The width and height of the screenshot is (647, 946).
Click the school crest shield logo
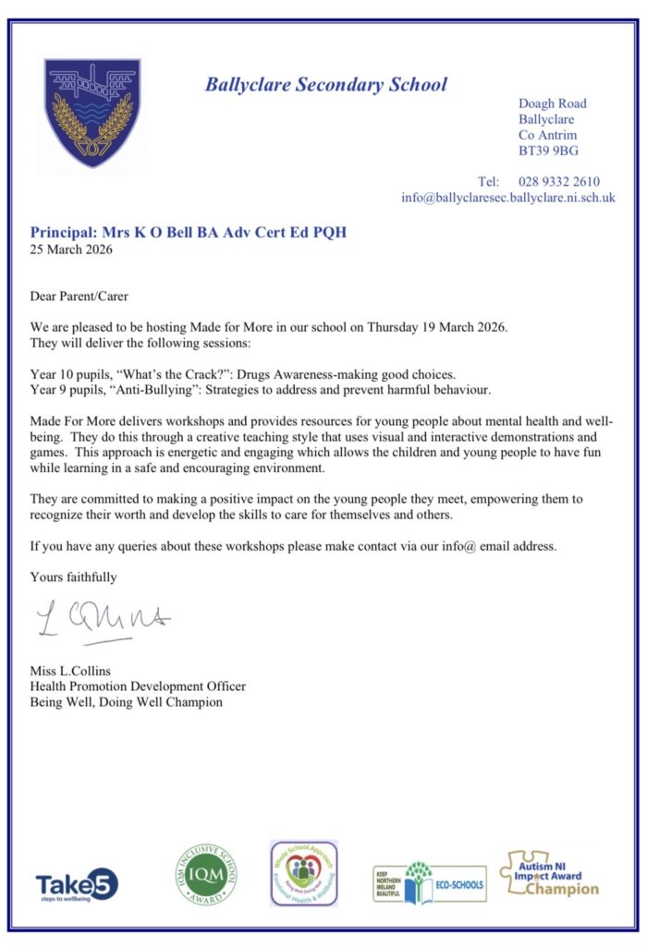click(92, 113)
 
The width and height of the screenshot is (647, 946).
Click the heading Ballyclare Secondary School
click(325, 86)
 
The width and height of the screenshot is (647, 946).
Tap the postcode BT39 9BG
click(549, 151)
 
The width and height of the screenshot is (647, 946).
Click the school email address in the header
click(507, 198)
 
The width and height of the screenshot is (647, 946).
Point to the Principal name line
click(189, 232)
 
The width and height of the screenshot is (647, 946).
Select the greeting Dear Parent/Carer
click(79, 297)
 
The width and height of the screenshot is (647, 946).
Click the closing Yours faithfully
click(74, 576)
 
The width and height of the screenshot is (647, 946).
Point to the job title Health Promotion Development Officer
click(138, 686)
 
